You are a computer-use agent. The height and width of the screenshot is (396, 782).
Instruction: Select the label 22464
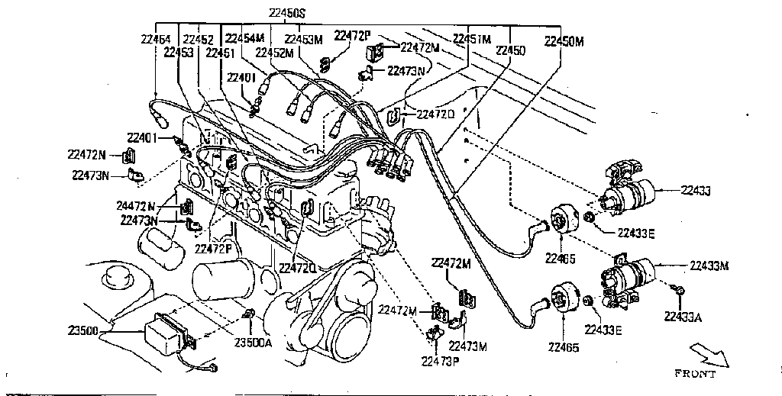(156, 38)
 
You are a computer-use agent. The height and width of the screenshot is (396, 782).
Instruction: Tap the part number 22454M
(244, 38)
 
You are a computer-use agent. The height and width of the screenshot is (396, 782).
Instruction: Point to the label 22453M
(304, 38)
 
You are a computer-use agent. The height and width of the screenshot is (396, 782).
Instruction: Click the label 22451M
(472, 38)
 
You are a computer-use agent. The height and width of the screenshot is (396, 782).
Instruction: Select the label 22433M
(709, 266)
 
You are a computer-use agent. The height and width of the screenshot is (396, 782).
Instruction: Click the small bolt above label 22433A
(679, 291)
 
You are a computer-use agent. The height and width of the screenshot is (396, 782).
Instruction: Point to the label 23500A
(253, 343)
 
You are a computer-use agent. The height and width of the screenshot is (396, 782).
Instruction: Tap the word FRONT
(696, 374)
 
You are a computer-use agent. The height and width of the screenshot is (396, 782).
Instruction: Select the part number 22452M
(274, 53)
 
